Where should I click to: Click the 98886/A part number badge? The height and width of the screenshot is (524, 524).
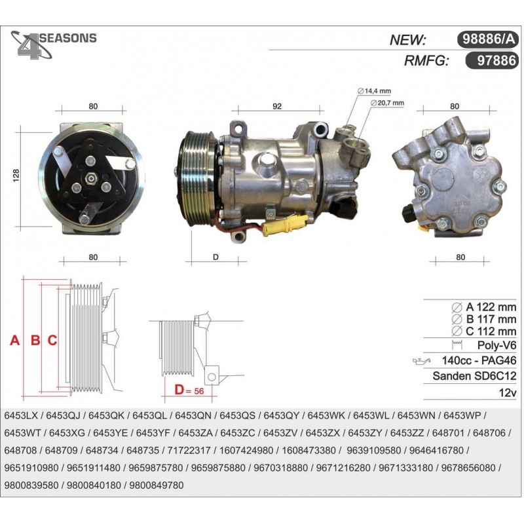point(487,39)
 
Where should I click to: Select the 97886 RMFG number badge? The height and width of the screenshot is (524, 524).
point(492,60)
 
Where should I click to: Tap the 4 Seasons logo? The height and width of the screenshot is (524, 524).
point(54,45)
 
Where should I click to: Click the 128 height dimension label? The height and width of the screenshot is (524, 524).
point(16,176)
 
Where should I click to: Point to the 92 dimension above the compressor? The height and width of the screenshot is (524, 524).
point(277,106)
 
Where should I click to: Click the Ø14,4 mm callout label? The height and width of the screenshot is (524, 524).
point(374,91)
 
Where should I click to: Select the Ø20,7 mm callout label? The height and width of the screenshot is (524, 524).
point(387,103)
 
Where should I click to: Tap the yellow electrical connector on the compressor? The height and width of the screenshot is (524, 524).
point(285,225)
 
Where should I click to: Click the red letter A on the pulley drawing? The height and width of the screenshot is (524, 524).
point(14,340)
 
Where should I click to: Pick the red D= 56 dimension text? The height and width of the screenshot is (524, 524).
point(189,390)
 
